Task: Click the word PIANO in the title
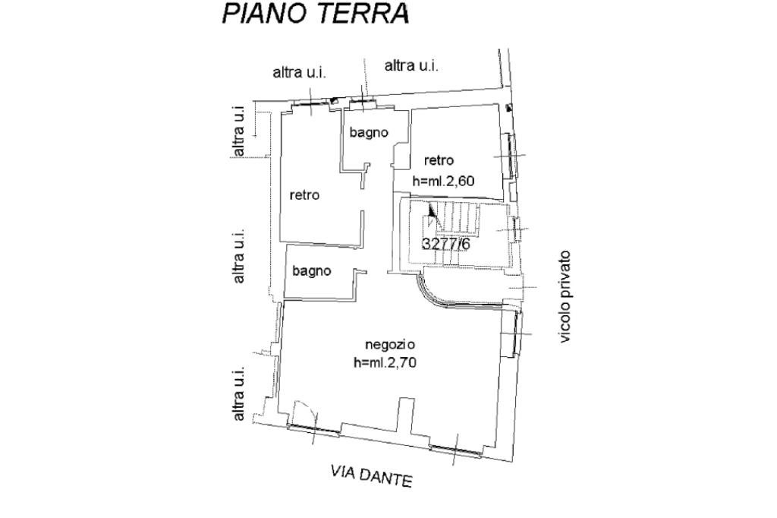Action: coord(263,14)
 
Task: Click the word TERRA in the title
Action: coord(362,14)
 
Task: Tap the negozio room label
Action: coord(390,344)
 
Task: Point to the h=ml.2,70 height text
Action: coord(385,363)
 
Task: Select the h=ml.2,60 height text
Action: coord(443,181)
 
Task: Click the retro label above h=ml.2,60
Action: coord(439,160)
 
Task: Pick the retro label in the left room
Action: coord(305,195)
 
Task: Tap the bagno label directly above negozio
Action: coord(312,271)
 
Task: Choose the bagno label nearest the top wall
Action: coord(369,132)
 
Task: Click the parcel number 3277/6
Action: coord(445,244)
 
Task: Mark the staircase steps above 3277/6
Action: coord(459,218)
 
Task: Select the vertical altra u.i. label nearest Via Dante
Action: coord(239,394)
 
